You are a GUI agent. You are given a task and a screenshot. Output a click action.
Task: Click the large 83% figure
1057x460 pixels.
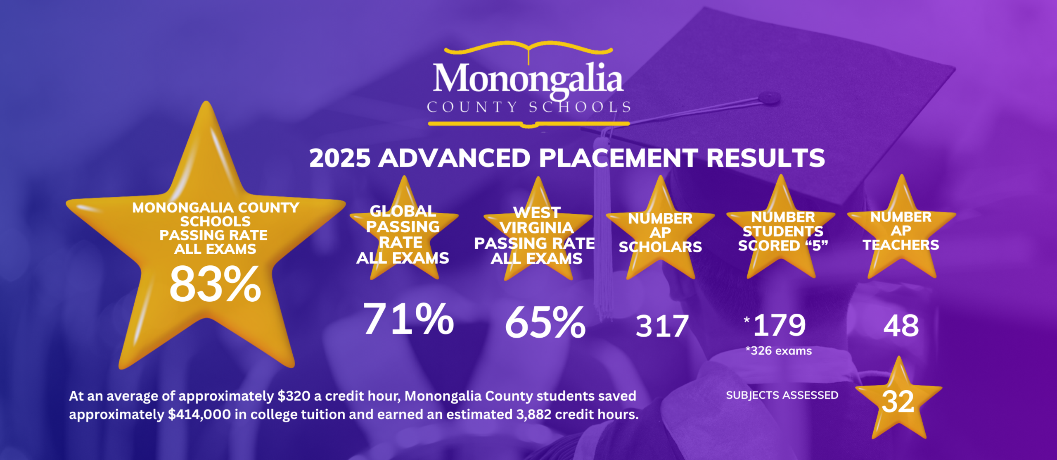coord(215,284)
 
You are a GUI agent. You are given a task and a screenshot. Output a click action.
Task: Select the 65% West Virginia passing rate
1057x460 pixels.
coord(545,322)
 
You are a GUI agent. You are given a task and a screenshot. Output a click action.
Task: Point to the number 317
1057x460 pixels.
coord(662,327)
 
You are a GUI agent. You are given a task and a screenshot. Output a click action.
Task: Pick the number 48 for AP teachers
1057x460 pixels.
coord(901,326)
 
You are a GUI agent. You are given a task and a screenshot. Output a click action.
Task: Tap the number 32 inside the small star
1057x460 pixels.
coord(898,402)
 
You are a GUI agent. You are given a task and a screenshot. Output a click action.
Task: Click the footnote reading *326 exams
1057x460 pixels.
coord(779,351)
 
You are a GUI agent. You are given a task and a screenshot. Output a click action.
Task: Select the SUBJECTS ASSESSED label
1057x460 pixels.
coord(782,395)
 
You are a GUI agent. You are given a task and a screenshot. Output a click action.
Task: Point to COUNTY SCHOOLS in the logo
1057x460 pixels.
coord(529,107)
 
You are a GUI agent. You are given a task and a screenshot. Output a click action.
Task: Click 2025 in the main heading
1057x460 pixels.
coord(340,158)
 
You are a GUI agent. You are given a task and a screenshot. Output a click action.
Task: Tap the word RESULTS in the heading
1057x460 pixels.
coord(765,158)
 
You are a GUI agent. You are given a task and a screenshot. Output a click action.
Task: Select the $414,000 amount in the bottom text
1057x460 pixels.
coord(199,414)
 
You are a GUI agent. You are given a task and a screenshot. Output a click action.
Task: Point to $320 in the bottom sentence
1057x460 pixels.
coord(294,396)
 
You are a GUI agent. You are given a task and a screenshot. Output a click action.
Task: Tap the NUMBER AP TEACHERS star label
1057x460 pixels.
coord(901,231)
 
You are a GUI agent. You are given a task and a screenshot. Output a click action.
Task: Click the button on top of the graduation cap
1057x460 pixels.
coord(769,98)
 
